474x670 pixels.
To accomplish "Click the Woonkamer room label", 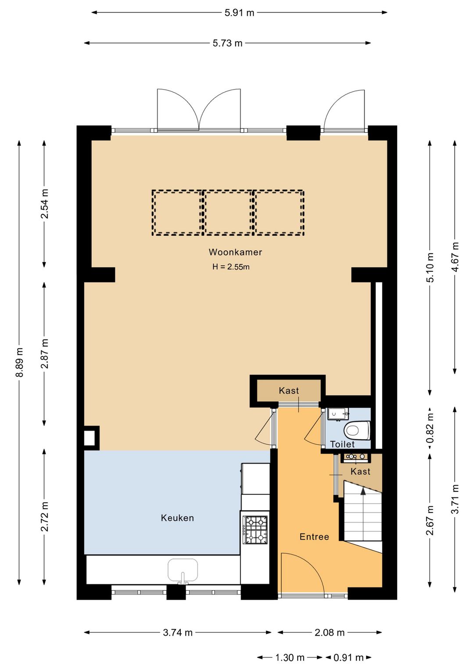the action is (x=235, y=252).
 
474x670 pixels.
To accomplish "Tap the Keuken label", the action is (x=177, y=518).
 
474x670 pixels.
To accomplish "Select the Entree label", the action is (x=314, y=537).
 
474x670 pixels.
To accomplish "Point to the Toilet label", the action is (x=342, y=444).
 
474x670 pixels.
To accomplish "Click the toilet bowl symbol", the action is (x=357, y=430).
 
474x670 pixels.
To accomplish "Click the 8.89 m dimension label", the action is (x=19, y=362).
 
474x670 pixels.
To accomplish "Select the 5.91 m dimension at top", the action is (x=239, y=13).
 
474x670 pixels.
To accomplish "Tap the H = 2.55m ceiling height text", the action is (x=231, y=267).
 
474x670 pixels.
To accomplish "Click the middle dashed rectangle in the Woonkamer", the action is (x=228, y=213).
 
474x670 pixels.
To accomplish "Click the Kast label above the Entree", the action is (x=289, y=390).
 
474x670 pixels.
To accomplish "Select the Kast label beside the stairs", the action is (x=360, y=472).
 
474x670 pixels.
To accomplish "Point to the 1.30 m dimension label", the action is (x=290, y=657).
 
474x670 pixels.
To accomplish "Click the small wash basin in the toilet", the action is (x=338, y=414).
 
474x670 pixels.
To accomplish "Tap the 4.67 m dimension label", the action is (x=456, y=257).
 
